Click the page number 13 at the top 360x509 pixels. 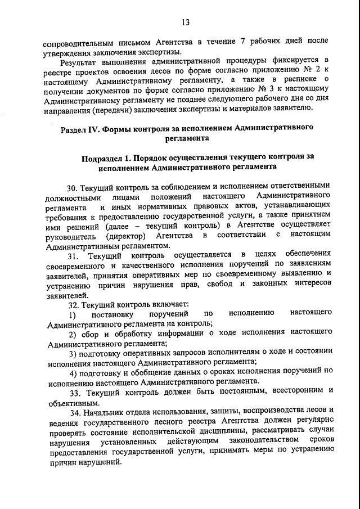(x=185, y=22)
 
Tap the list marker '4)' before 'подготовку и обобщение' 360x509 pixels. (x=73, y=372)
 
